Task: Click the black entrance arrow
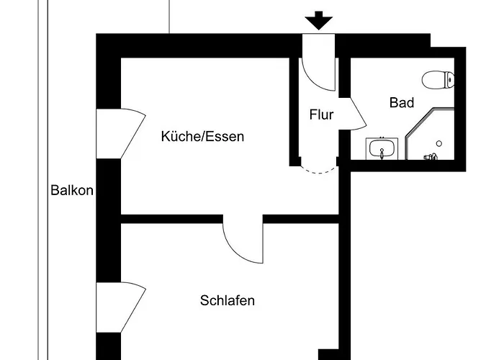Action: coord(318,21)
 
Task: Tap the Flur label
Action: coord(321,114)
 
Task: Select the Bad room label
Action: coord(402,102)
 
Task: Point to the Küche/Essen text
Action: coord(202,136)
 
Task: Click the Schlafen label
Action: coord(228,300)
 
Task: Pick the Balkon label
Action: coord(72,190)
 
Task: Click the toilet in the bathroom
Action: coord(438,79)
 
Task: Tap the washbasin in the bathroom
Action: coord(382,148)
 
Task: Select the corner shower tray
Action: coord(430,134)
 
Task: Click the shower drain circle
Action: coord(439,143)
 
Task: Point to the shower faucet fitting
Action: coord(431,157)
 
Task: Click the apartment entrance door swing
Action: coord(319,74)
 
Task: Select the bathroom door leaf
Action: coord(353,114)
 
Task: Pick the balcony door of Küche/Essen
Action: coord(121,134)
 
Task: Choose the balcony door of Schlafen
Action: coord(121,307)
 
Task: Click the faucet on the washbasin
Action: coord(382,153)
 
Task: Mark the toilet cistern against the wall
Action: coord(450,79)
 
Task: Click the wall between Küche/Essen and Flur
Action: coord(294,112)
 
